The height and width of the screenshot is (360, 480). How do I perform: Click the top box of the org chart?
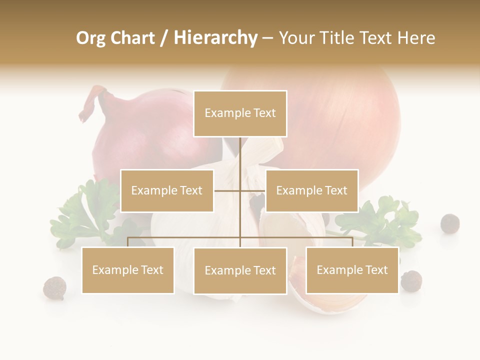click(240, 113)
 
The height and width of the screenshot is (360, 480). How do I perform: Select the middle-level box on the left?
click(166, 190)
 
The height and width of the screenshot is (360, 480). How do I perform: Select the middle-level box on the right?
click(311, 190)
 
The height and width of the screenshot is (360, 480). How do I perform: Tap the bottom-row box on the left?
click(127, 270)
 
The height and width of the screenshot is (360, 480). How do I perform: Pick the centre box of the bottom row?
click(240, 270)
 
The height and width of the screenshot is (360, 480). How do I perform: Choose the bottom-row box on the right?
click(352, 270)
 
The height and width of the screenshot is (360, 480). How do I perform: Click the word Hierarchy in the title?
click(215, 38)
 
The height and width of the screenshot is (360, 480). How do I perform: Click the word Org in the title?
click(90, 38)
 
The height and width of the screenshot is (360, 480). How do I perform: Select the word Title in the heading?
click(338, 38)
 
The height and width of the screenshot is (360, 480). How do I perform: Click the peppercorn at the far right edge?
click(450, 223)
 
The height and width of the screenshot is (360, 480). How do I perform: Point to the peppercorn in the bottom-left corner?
click(54, 288)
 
